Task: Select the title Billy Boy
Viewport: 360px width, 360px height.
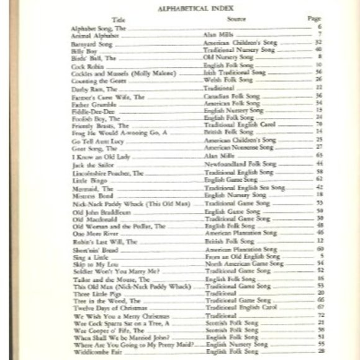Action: tap(83, 50)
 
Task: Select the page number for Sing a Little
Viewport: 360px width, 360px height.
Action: tap(318, 256)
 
